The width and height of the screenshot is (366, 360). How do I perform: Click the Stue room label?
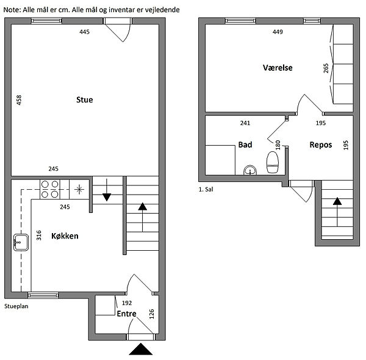(85, 99)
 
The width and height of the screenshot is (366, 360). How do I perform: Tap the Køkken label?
(65, 236)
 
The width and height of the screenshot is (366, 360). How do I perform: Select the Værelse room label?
(278, 68)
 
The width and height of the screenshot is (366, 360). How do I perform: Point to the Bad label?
(245, 145)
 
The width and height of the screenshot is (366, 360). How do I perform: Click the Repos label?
(321, 145)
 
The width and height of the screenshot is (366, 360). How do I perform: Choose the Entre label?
(126, 314)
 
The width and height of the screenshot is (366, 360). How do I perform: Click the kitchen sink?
(21, 242)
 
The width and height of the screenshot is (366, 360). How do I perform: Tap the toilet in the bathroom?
(273, 162)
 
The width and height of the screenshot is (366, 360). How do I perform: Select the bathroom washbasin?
(250, 170)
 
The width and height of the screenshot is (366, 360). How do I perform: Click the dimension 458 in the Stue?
(19, 100)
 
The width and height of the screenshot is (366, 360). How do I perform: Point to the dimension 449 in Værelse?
(278, 32)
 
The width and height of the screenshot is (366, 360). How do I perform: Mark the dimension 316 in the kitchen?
(39, 236)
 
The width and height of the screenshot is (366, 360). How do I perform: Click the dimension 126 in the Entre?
(151, 314)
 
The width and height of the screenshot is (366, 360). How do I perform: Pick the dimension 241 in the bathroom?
(245, 123)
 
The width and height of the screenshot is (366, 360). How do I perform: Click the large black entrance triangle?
(141, 349)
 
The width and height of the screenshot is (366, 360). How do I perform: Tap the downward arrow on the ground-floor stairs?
(107, 190)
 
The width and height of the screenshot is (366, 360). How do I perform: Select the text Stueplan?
(16, 306)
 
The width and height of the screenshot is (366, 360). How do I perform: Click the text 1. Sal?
(206, 189)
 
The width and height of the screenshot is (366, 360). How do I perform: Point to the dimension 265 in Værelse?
(326, 68)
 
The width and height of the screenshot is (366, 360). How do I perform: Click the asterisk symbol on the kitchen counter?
(79, 189)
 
